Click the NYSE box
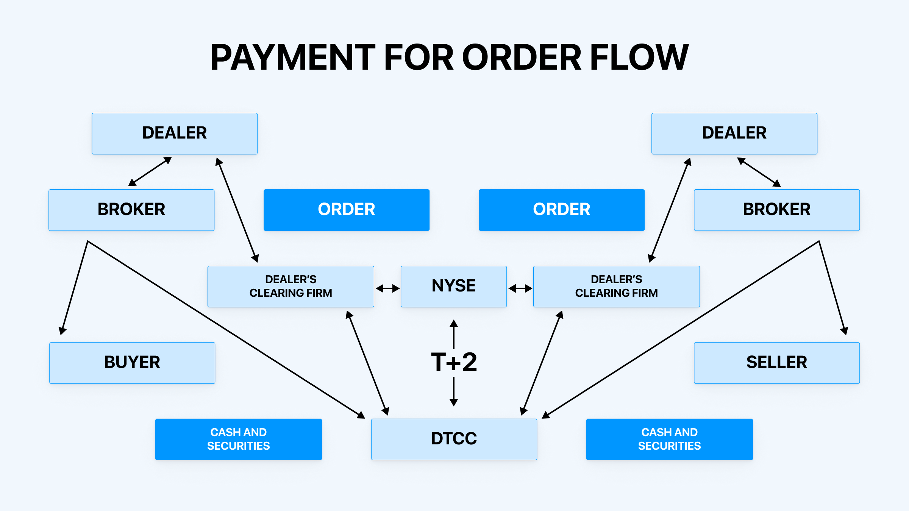(x=453, y=286)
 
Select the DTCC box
(x=454, y=439)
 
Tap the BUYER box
(x=132, y=363)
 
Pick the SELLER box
(x=776, y=363)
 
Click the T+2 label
(x=454, y=362)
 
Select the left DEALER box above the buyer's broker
(x=175, y=133)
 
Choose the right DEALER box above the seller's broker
(x=734, y=133)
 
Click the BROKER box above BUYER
(x=131, y=210)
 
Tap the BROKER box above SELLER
(x=776, y=210)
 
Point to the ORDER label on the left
(x=346, y=210)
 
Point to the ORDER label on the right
(x=561, y=210)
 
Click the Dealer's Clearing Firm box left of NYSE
(x=291, y=286)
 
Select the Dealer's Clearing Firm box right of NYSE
(x=616, y=286)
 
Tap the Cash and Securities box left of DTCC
(x=238, y=439)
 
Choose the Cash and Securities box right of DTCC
(x=669, y=439)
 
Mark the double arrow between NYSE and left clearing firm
(x=387, y=288)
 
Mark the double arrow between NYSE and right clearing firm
(x=520, y=288)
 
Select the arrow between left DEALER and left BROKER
(x=150, y=171)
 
